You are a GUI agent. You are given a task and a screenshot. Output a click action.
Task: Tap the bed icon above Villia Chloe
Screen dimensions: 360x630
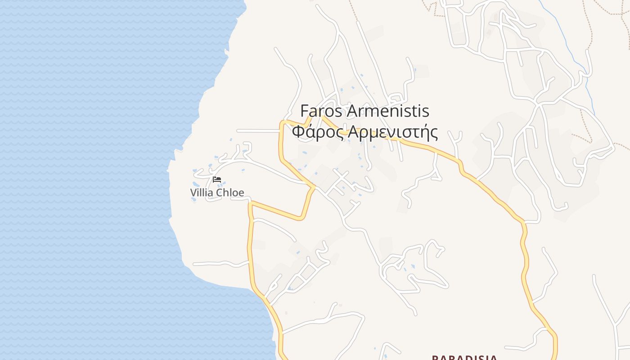(217, 179)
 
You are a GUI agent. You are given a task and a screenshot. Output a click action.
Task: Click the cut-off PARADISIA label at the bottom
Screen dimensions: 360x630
(464, 357)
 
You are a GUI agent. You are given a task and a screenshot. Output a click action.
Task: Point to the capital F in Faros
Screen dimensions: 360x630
(304, 111)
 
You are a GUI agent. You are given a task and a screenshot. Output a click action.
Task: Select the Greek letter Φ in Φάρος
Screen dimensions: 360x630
(297, 133)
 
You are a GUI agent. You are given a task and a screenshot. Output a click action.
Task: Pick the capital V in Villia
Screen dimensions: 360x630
(193, 193)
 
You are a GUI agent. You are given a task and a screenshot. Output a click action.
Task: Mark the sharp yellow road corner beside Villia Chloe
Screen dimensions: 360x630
(251, 203)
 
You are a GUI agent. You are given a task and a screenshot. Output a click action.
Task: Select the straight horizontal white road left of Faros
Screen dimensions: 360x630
(257, 131)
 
